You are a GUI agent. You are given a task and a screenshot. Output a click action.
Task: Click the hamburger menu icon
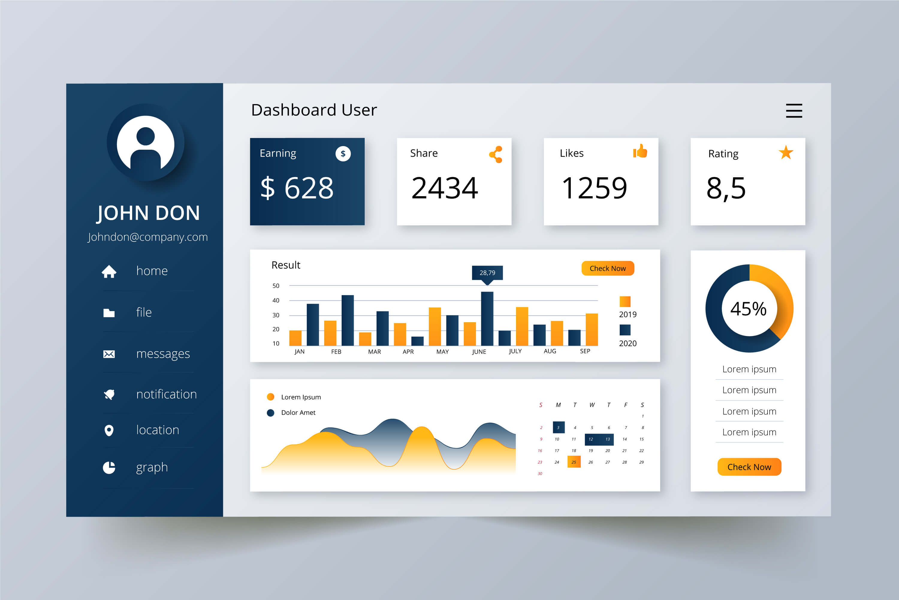pos(794,111)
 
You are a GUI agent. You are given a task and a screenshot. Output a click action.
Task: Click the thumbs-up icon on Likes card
pos(640,151)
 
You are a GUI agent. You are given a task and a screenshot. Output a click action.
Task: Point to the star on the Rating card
pos(786,153)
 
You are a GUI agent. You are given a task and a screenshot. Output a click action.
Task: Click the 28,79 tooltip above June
pos(487,273)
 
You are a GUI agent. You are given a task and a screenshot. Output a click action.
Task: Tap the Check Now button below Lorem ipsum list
pos(749,467)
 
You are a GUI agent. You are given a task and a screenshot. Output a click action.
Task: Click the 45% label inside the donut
pos(748,309)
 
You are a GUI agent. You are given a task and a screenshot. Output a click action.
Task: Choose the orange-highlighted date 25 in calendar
pos(574,462)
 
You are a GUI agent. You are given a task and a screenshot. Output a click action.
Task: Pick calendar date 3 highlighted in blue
pos(559,427)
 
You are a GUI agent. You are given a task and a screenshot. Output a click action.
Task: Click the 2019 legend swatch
pos(625,301)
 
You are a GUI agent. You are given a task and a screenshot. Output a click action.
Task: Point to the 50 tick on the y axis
pos(276,286)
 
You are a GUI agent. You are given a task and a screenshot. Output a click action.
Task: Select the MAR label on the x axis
pos(374,352)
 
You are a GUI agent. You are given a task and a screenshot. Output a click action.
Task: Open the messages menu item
pos(163,354)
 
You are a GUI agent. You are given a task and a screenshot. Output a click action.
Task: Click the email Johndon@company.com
pos(147,237)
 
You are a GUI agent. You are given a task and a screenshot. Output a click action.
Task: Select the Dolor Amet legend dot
pos(271,413)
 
